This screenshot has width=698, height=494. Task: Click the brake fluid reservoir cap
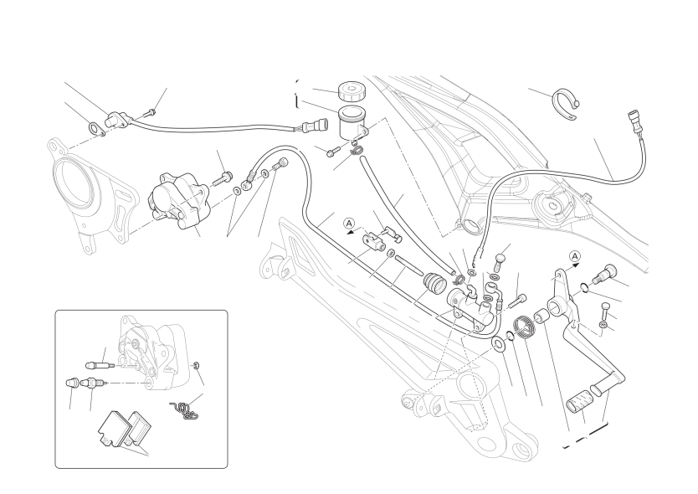[x=352, y=91]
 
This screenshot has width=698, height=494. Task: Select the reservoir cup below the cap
[x=352, y=122]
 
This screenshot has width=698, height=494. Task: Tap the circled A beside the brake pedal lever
[x=575, y=256]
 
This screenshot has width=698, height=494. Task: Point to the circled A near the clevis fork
[x=350, y=224]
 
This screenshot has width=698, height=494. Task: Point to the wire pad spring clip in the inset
[x=183, y=411]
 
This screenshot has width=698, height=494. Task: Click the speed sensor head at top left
[x=116, y=120]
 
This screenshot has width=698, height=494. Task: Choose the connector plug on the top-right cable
[x=634, y=121]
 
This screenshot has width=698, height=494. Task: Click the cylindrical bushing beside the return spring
[x=541, y=316]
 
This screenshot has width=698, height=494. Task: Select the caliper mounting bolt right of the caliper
[x=222, y=179]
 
